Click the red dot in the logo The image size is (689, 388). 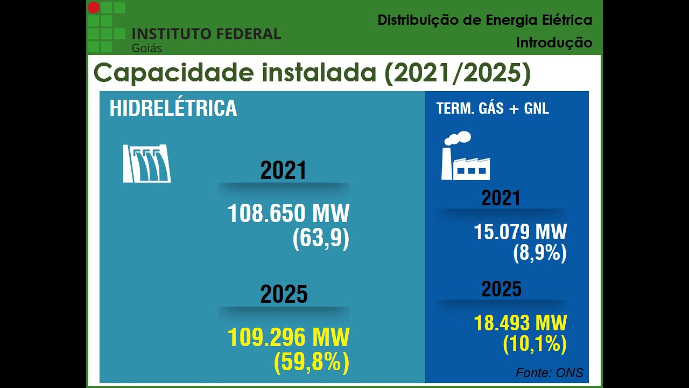pyautogui.click(x=94, y=8)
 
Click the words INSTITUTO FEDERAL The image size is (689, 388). pyautogui.click(x=206, y=34)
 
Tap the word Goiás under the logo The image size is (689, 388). pyautogui.click(x=146, y=48)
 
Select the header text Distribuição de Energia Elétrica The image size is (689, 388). pyautogui.click(x=484, y=20)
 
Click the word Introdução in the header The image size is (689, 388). pyautogui.click(x=554, y=43)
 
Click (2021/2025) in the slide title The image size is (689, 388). pyautogui.click(x=457, y=73)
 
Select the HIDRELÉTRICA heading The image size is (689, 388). pyautogui.click(x=173, y=108)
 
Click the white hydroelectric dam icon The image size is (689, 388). pyautogui.click(x=146, y=163)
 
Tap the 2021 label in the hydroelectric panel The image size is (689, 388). pyautogui.click(x=283, y=171)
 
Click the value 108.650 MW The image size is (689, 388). pyautogui.click(x=289, y=213)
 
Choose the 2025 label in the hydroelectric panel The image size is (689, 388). pyautogui.click(x=284, y=295)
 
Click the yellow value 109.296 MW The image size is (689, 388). pyautogui.click(x=289, y=338)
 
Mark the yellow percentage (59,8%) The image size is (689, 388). pyautogui.click(x=312, y=362)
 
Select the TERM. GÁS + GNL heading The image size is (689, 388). pyautogui.click(x=493, y=108)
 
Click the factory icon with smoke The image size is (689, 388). pyautogui.click(x=465, y=156)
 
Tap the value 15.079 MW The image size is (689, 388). pyautogui.click(x=520, y=232)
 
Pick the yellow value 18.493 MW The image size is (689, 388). pyautogui.click(x=520, y=323)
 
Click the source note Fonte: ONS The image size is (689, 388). pyautogui.click(x=549, y=373)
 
